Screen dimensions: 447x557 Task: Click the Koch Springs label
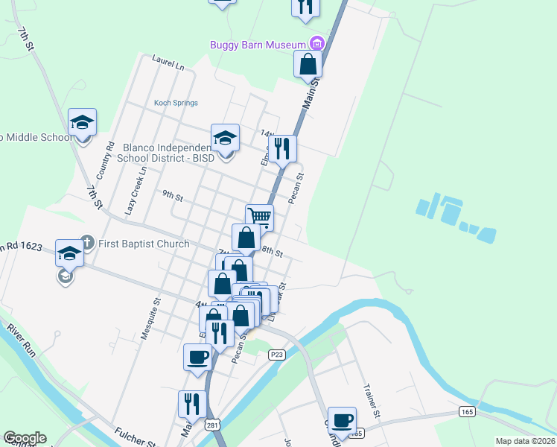[x=176, y=103]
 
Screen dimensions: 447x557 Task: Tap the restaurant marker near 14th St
[x=282, y=148]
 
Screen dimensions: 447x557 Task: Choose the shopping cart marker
[x=259, y=218]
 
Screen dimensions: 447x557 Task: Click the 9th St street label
[x=173, y=196]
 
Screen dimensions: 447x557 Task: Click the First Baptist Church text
[x=146, y=242]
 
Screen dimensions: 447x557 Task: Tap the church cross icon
[x=87, y=242]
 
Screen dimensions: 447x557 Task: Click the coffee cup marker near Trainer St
[x=342, y=420]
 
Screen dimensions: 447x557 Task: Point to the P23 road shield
[x=277, y=354]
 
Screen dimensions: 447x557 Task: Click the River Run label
[x=20, y=338]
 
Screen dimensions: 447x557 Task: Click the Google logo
[x=25, y=438]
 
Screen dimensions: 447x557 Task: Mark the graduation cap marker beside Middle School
[x=82, y=122]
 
